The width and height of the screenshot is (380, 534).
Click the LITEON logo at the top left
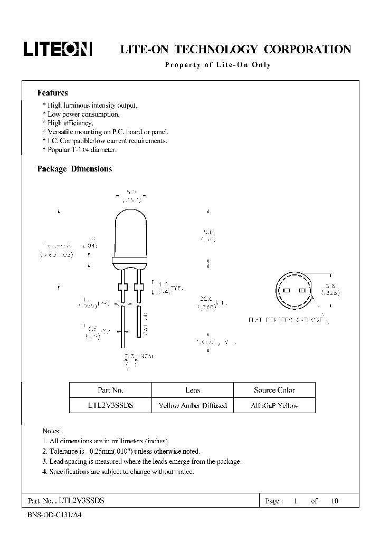tap(58, 50)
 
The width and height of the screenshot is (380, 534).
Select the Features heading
tap(52, 93)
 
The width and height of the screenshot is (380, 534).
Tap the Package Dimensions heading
tap(74, 169)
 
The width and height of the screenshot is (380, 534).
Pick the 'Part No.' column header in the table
tap(110, 390)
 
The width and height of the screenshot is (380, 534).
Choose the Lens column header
tap(193, 390)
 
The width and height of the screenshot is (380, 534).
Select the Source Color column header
tap(274, 390)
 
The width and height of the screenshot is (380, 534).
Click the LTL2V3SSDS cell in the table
tap(110, 405)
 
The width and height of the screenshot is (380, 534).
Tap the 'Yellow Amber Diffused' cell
tap(193, 405)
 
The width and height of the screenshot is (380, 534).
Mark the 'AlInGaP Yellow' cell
tap(274, 405)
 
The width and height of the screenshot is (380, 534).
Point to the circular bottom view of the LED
tap(294, 291)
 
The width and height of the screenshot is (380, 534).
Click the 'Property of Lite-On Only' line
tap(217, 65)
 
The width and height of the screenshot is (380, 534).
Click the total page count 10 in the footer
tap(334, 501)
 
